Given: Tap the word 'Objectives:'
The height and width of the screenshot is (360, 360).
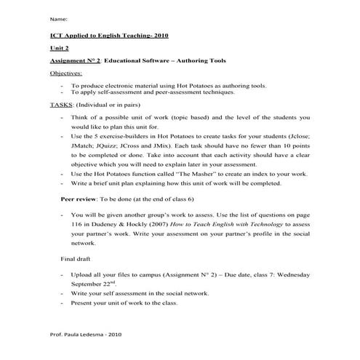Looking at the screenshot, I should pyautogui.click(x=66, y=74).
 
